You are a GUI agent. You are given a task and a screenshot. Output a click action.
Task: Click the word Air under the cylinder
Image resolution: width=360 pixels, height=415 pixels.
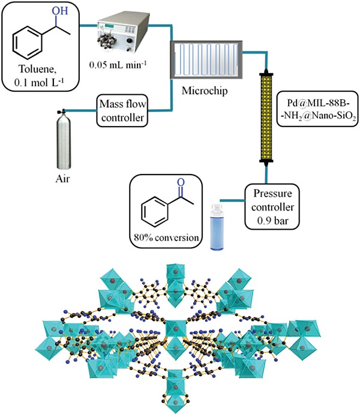60,179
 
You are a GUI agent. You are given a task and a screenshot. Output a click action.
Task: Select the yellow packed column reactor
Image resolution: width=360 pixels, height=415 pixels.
266,116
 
